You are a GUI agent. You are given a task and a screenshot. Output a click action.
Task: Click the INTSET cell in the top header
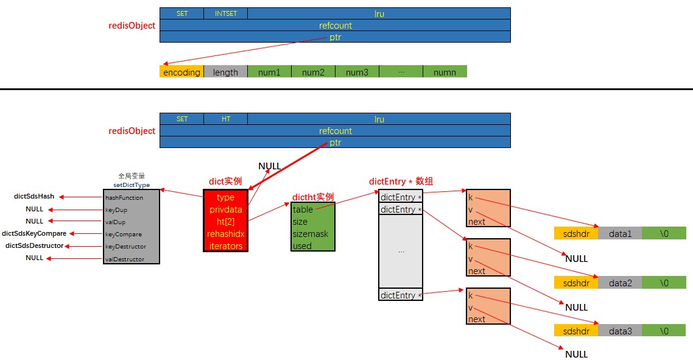pyautogui.click(x=225, y=13)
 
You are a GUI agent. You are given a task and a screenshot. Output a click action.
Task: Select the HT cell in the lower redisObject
pyautogui.click(x=225, y=119)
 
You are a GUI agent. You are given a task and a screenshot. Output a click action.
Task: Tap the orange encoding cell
pyautogui.click(x=181, y=72)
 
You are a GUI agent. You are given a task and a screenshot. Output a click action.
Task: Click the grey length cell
pyautogui.click(x=225, y=72)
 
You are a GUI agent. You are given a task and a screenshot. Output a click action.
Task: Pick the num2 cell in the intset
pyautogui.click(x=313, y=72)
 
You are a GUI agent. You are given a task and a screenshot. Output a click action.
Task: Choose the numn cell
pyautogui.click(x=445, y=72)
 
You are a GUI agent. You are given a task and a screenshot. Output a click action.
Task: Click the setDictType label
pyautogui.click(x=132, y=185)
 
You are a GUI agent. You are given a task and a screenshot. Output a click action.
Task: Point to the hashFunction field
pyautogui.click(x=124, y=197)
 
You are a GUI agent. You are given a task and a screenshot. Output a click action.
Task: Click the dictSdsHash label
pyautogui.click(x=34, y=197)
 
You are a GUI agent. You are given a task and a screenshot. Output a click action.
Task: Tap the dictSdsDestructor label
pyautogui.click(x=34, y=245)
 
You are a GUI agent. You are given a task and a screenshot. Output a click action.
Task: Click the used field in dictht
pyautogui.click(x=302, y=246)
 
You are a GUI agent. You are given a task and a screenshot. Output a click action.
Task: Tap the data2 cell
pyautogui.click(x=620, y=283)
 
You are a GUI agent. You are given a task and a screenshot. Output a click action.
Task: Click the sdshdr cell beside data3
pyautogui.click(x=576, y=331)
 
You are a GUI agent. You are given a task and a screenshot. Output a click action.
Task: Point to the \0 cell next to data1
pyautogui.click(x=664, y=233)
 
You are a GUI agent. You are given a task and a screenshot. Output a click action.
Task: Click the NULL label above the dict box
pyautogui.click(x=270, y=166)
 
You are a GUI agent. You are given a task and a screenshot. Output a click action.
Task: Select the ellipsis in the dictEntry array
pyautogui.click(x=401, y=250)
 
